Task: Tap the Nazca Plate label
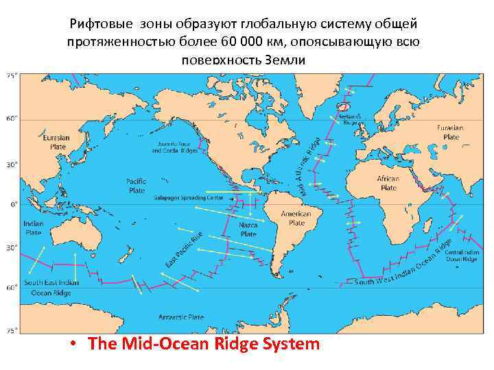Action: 248,229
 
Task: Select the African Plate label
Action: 388,183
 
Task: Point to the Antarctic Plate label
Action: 181,317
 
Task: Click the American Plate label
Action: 296,218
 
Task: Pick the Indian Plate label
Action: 34,227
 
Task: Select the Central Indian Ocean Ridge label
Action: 461,256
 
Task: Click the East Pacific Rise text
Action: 183,250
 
